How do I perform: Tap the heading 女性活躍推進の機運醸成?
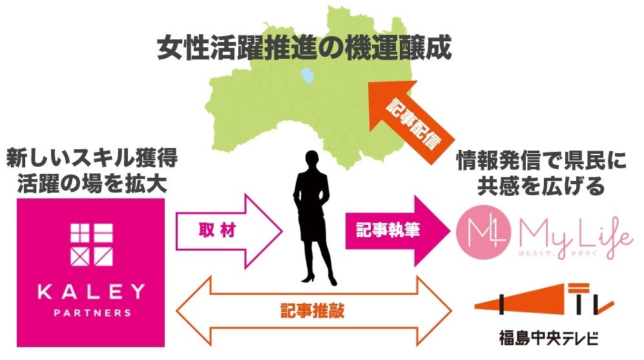[x=304, y=50]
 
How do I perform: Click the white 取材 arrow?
[x=230, y=231]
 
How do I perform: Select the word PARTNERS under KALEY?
[x=92, y=313]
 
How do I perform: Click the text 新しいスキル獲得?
[x=92, y=158]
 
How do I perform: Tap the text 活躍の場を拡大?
[x=92, y=184]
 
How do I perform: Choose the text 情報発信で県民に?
[x=541, y=160]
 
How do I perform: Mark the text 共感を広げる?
[x=541, y=186]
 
